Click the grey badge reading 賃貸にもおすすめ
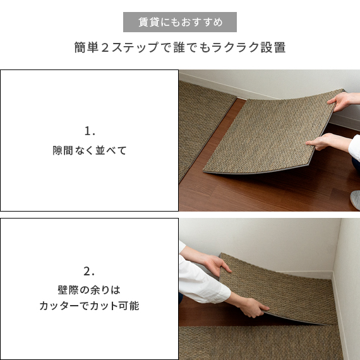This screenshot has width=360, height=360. click(180, 22)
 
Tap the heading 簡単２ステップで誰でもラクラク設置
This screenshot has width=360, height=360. click(180, 48)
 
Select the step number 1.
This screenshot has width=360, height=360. click(89, 131)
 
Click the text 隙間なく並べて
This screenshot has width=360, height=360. click(89, 151)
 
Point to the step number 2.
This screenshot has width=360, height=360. click(89, 272)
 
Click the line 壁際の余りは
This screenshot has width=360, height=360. click(89, 290)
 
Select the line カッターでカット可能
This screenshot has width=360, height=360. click(89, 306)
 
